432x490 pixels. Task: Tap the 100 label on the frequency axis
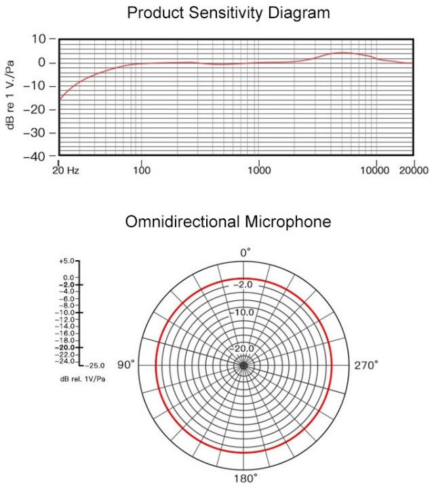tap(141, 170)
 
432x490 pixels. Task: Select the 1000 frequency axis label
tap(258, 170)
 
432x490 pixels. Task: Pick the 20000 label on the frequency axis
tap(414, 170)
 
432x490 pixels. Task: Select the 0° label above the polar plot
tap(246, 251)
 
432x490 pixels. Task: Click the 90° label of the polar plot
tap(127, 365)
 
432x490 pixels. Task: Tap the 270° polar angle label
tap(366, 365)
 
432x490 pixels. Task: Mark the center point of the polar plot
tap(243, 365)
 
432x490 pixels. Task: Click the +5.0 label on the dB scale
tap(67, 261)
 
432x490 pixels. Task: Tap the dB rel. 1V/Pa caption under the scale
tap(81, 377)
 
